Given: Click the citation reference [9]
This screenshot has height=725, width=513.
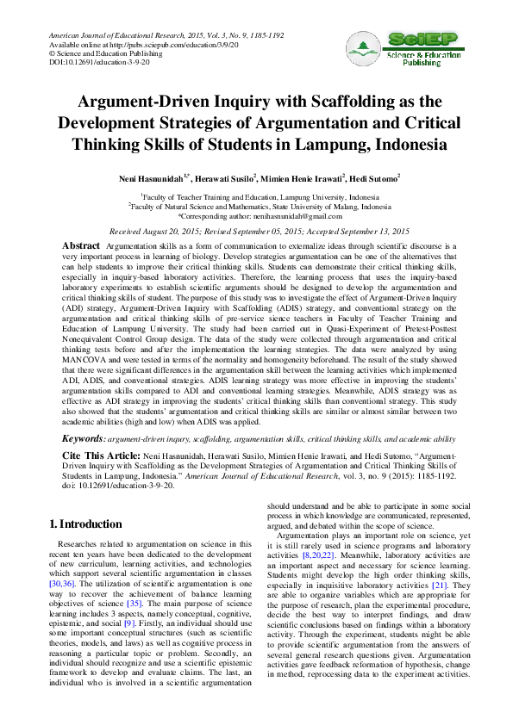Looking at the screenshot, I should (x=129, y=622).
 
